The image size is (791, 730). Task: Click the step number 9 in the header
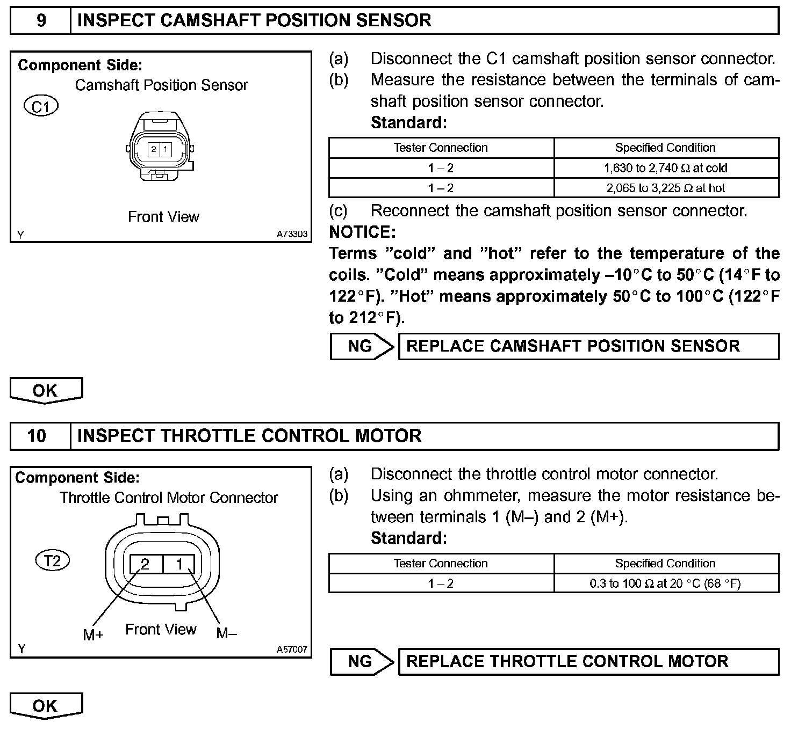[x=41, y=20]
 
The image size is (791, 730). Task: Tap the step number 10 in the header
[x=37, y=435]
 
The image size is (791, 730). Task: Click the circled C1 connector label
[x=41, y=106]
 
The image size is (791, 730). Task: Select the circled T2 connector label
[x=53, y=561]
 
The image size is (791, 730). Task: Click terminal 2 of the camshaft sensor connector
[x=154, y=149]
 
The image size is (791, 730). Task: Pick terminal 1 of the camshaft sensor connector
[x=166, y=149]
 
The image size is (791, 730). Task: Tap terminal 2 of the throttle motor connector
[x=145, y=564]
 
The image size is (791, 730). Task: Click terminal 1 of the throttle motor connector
[x=180, y=564]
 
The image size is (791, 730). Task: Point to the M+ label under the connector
[x=93, y=635]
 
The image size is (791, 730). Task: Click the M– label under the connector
[x=226, y=633]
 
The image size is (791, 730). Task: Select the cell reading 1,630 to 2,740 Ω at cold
[x=666, y=168]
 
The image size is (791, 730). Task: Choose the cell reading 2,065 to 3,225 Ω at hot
[x=666, y=188]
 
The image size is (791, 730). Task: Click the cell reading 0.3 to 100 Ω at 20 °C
[x=666, y=583]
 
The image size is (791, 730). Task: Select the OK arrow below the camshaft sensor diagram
[x=46, y=390]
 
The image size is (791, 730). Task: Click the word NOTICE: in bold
[x=362, y=232]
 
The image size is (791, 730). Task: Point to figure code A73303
[x=292, y=234]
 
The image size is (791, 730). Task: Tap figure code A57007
[x=292, y=649]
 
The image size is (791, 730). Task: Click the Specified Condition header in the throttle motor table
[x=666, y=564]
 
